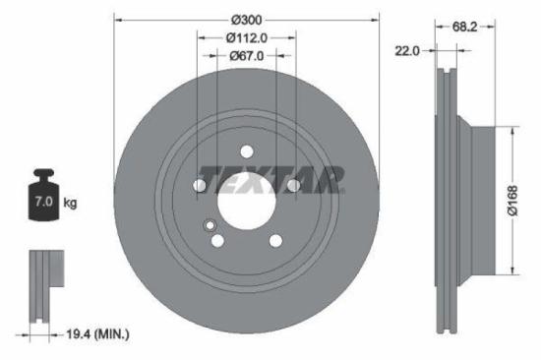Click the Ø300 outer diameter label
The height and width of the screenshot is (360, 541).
(247, 19)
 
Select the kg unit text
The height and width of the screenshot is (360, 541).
(70, 204)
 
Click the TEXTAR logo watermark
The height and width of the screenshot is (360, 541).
(270, 180)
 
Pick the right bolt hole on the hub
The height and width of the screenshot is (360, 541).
(293, 185)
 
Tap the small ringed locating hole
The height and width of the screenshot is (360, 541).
(209, 227)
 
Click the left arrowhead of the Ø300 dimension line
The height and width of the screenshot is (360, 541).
(119, 19)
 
